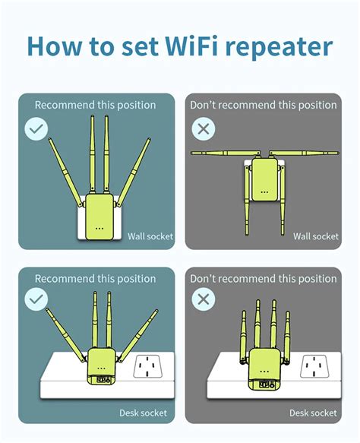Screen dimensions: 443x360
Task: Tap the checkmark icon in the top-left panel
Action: click(x=36, y=128)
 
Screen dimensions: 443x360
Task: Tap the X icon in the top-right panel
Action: click(x=202, y=128)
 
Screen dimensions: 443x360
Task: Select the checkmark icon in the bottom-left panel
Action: click(x=36, y=299)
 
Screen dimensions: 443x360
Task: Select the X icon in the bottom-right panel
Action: click(x=202, y=299)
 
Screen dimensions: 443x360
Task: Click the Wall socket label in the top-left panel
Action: click(x=150, y=236)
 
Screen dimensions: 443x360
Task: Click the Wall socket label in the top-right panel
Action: click(x=315, y=236)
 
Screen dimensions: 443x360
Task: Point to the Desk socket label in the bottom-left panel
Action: click(x=146, y=413)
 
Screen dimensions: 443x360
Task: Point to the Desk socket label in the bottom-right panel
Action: click(x=313, y=413)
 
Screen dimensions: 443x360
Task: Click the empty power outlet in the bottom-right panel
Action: click(x=313, y=368)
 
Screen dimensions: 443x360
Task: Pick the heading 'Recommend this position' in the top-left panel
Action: click(x=95, y=105)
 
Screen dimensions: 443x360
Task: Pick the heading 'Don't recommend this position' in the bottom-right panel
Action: click(x=263, y=279)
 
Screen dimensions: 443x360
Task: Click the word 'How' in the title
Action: click(x=58, y=46)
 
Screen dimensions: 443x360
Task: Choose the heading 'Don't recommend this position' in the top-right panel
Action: click(x=263, y=105)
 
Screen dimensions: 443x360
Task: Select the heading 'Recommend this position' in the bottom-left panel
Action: click(x=95, y=279)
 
